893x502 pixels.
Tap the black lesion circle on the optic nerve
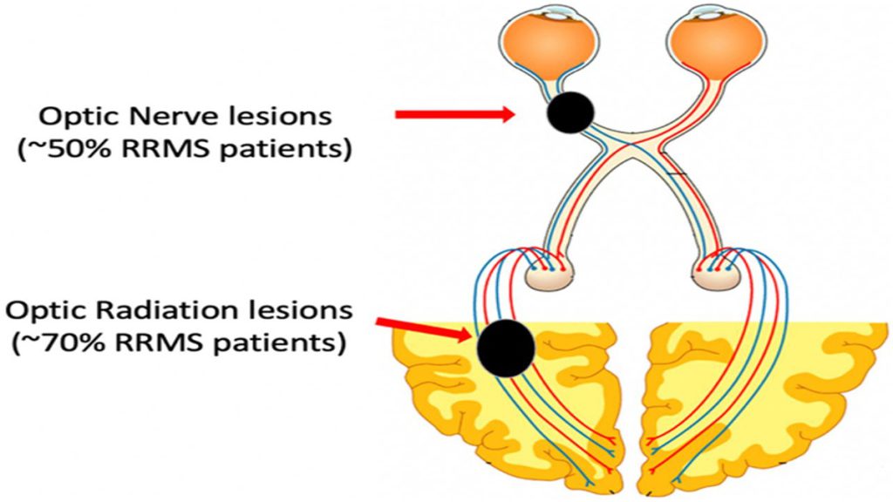pyautogui.click(x=570, y=112)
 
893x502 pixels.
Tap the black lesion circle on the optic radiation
pyautogui.click(x=506, y=348)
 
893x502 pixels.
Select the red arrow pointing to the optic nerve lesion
pyautogui.click(x=455, y=114)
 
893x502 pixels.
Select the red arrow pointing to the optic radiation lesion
pyautogui.click(x=425, y=330)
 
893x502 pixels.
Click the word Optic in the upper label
pyautogui.click(x=81, y=118)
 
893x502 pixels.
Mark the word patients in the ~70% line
pyautogui.click(x=276, y=343)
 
